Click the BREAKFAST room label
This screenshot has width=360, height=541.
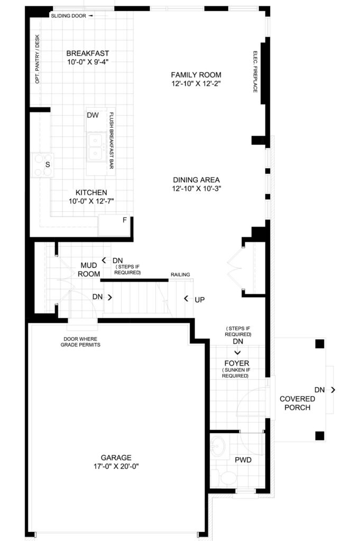click(88, 53)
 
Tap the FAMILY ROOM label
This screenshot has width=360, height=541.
click(196, 75)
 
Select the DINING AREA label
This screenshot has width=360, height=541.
click(196, 180)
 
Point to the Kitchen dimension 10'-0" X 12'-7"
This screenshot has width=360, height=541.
click(91, 201)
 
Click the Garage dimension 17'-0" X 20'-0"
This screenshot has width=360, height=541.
click(116, 467)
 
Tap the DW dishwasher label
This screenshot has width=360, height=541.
click(93, 115)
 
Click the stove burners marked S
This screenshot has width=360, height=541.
click(42, 165)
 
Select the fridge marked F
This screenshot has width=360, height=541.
click(114, 225)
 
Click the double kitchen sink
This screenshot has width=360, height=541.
click(96, 147)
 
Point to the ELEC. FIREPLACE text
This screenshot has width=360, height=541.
click(255, 72)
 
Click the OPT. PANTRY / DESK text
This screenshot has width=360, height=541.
click(38, 59)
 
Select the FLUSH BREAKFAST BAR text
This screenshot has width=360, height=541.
click(112, 141)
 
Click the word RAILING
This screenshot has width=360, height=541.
click(180, 275)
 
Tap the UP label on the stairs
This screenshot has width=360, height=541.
click(199, 300)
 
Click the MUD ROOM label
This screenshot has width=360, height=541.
click(89, 269)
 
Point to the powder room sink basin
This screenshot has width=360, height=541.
click(218, 446)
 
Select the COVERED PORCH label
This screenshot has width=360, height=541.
click(297, 403)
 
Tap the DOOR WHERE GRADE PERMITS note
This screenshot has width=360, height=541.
click(80, 342)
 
